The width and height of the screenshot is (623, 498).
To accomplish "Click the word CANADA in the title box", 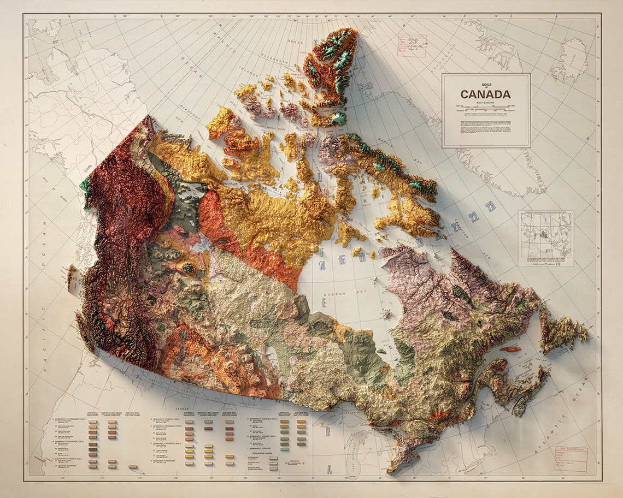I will click(485, 94).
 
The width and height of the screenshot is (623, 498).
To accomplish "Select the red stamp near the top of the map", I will click(412, 45).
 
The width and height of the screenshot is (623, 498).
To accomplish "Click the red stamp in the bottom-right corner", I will click(571, 459).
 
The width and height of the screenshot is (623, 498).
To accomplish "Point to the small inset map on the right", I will click(545, 238).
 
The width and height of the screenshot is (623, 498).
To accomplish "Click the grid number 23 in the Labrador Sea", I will click(490, 206).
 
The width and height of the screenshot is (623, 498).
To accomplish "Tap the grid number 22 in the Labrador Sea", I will click(473, 216).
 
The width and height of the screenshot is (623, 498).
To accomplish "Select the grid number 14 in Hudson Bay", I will click(322, 266).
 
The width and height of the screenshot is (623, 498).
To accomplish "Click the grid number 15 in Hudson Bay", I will click(342, 260).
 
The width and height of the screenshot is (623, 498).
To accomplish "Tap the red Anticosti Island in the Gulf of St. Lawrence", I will click(509, 349).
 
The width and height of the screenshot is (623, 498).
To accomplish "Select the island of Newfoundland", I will click(563, 330).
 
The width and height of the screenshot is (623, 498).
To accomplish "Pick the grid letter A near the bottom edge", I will click(329, 469).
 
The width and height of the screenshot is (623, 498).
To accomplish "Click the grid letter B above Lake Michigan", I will click(327, 431).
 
